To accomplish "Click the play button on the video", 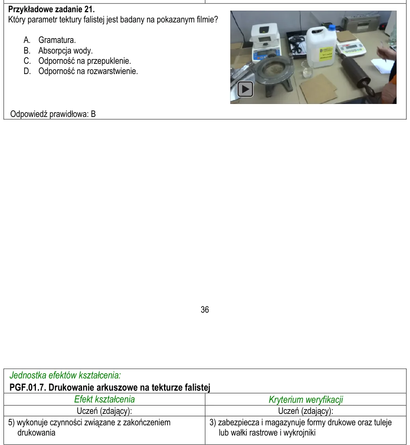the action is [x=245, y=89].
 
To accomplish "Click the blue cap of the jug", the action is [x=332, y=28].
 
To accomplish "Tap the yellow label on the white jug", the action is [x=326, y=54].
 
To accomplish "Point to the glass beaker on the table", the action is [x=308, y=69].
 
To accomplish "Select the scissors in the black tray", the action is [x=296, y=45].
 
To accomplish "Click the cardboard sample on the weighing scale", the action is [x=347, y=37].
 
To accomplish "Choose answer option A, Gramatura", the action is [x=50, y=40].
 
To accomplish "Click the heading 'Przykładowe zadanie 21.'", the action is [x=51, y=9].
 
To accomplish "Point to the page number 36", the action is [x=205, y=310].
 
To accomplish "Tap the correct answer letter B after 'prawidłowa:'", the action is [x=93, y=114].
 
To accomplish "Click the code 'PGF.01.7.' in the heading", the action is [x=28, y=388].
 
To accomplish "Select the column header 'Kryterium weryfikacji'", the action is [x=306, y=399].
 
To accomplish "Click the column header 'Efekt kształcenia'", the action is [x=104, y=399].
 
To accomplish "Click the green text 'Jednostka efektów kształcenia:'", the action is [x=65, y=375].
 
